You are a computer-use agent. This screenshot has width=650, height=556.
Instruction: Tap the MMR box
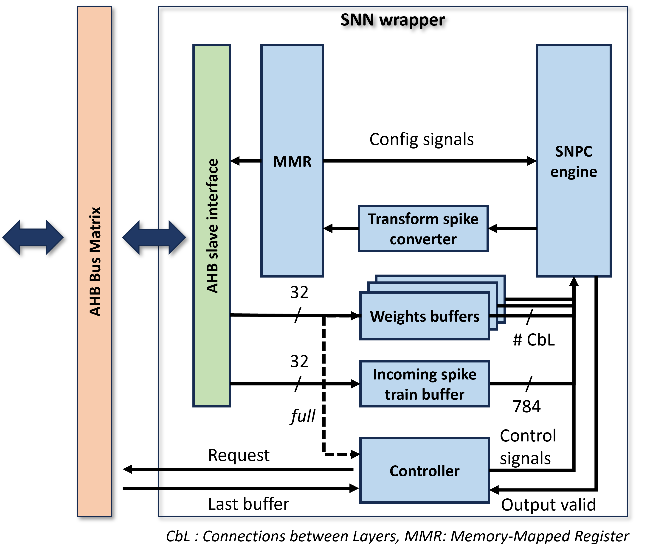(292, 219)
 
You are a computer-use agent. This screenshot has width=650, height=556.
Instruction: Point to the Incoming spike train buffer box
(425, 384)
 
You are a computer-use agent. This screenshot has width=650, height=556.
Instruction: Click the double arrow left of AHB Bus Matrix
(33, 237)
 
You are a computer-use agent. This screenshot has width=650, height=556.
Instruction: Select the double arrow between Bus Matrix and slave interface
(154, 237)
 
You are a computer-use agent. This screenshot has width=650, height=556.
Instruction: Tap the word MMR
(292, 162)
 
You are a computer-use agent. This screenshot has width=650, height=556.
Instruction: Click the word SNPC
(574, 152)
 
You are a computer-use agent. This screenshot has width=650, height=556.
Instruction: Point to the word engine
(574, 172)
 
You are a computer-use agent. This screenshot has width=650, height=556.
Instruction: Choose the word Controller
(425, 471)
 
